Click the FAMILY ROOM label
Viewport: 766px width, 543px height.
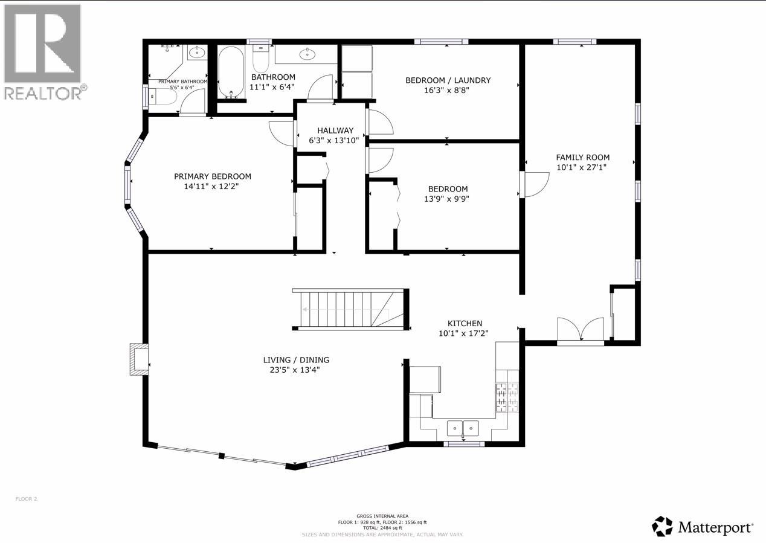[x=582, y=158]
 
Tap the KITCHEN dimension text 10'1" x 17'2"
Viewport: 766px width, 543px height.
[x=463, y=333]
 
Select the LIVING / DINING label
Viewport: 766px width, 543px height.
[x=296, y=360]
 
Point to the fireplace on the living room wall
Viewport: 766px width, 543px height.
[x=139, y=359]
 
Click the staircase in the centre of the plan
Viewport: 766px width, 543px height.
[x=347, y=310]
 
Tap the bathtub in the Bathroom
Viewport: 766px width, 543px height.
[x=231, y=72]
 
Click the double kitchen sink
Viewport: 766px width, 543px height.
[x=463, y=428]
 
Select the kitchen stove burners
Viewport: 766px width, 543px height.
[x=507, y=397]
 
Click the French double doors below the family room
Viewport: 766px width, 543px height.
[x=580, y=330]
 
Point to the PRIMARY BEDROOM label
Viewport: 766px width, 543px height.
[x=213, y=176]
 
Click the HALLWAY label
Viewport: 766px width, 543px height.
[x=335, y=130]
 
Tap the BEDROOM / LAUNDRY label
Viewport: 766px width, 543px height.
[x=448, y=80]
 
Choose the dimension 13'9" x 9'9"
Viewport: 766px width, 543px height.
[x=448, y=198]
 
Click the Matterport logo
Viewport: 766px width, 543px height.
[x=703, y=527]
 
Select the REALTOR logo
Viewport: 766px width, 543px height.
[x=43, y=51]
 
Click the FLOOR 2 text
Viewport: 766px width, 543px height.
[x=26, y=499]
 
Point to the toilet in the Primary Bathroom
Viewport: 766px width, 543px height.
[x=163, y=97]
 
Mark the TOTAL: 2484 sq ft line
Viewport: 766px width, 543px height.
[x=382, y=528]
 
